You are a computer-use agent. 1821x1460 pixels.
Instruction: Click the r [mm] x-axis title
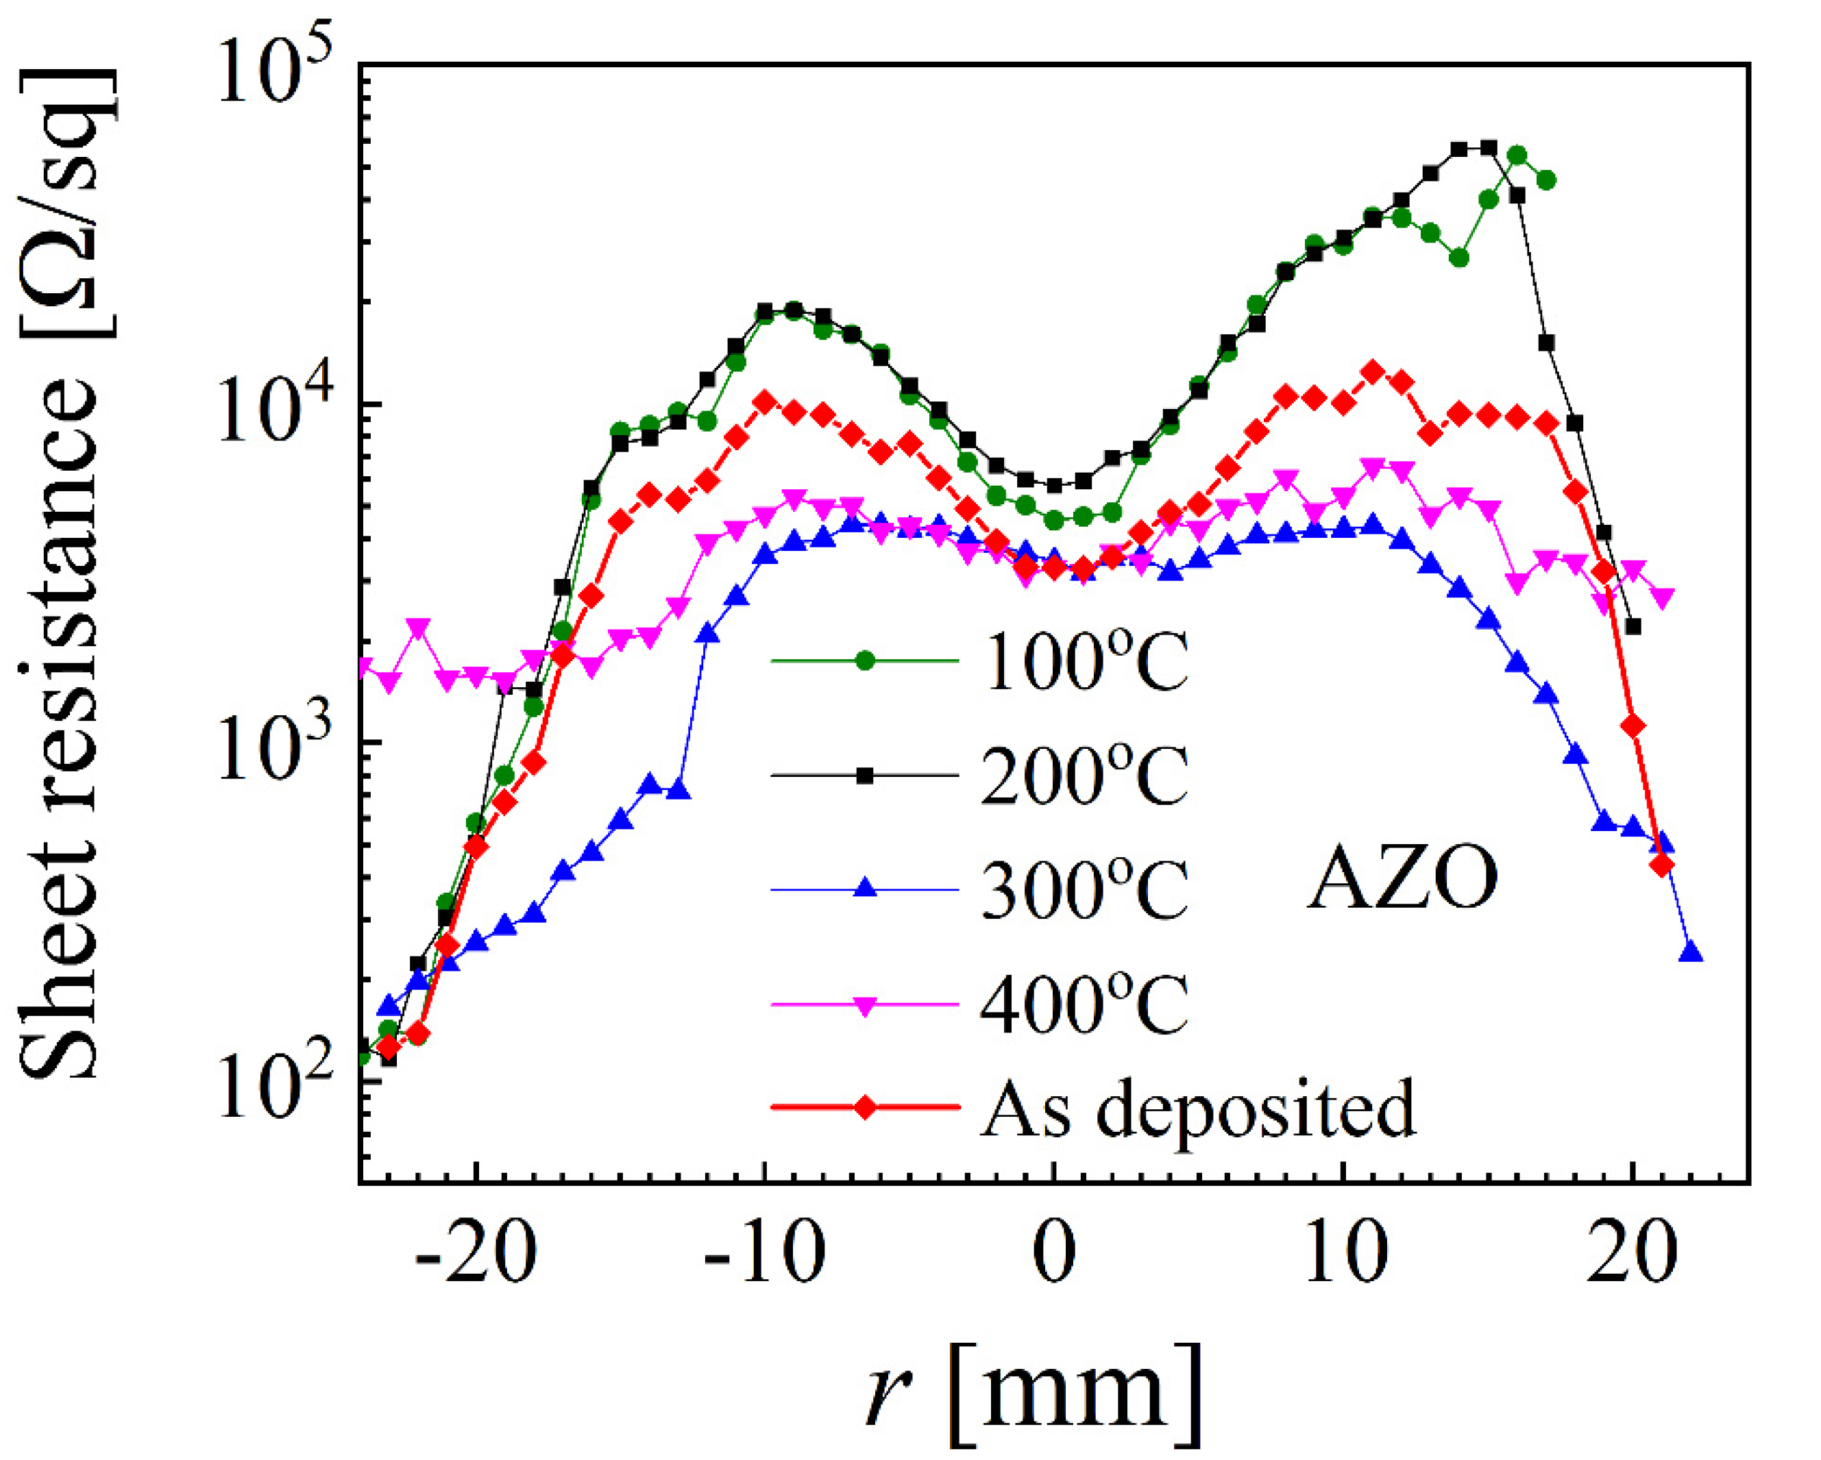coord(1035,1394)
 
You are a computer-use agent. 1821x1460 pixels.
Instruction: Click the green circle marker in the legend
coord(865,661)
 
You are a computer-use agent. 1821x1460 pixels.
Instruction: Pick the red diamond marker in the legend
coord(865,1108)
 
